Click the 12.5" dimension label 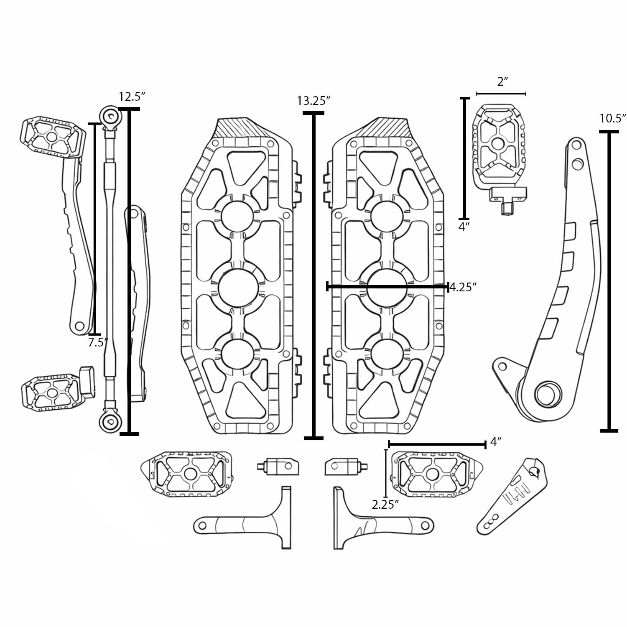[132, 97]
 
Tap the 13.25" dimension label [313, 101]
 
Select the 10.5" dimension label [613, 118]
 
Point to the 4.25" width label [463, 287]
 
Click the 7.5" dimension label [98, 343]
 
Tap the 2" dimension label [502, 82]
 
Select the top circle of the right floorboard [387, 216]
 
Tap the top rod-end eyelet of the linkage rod [110, 115]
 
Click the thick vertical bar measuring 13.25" [313, 276]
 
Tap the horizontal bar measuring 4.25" [387, 286]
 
